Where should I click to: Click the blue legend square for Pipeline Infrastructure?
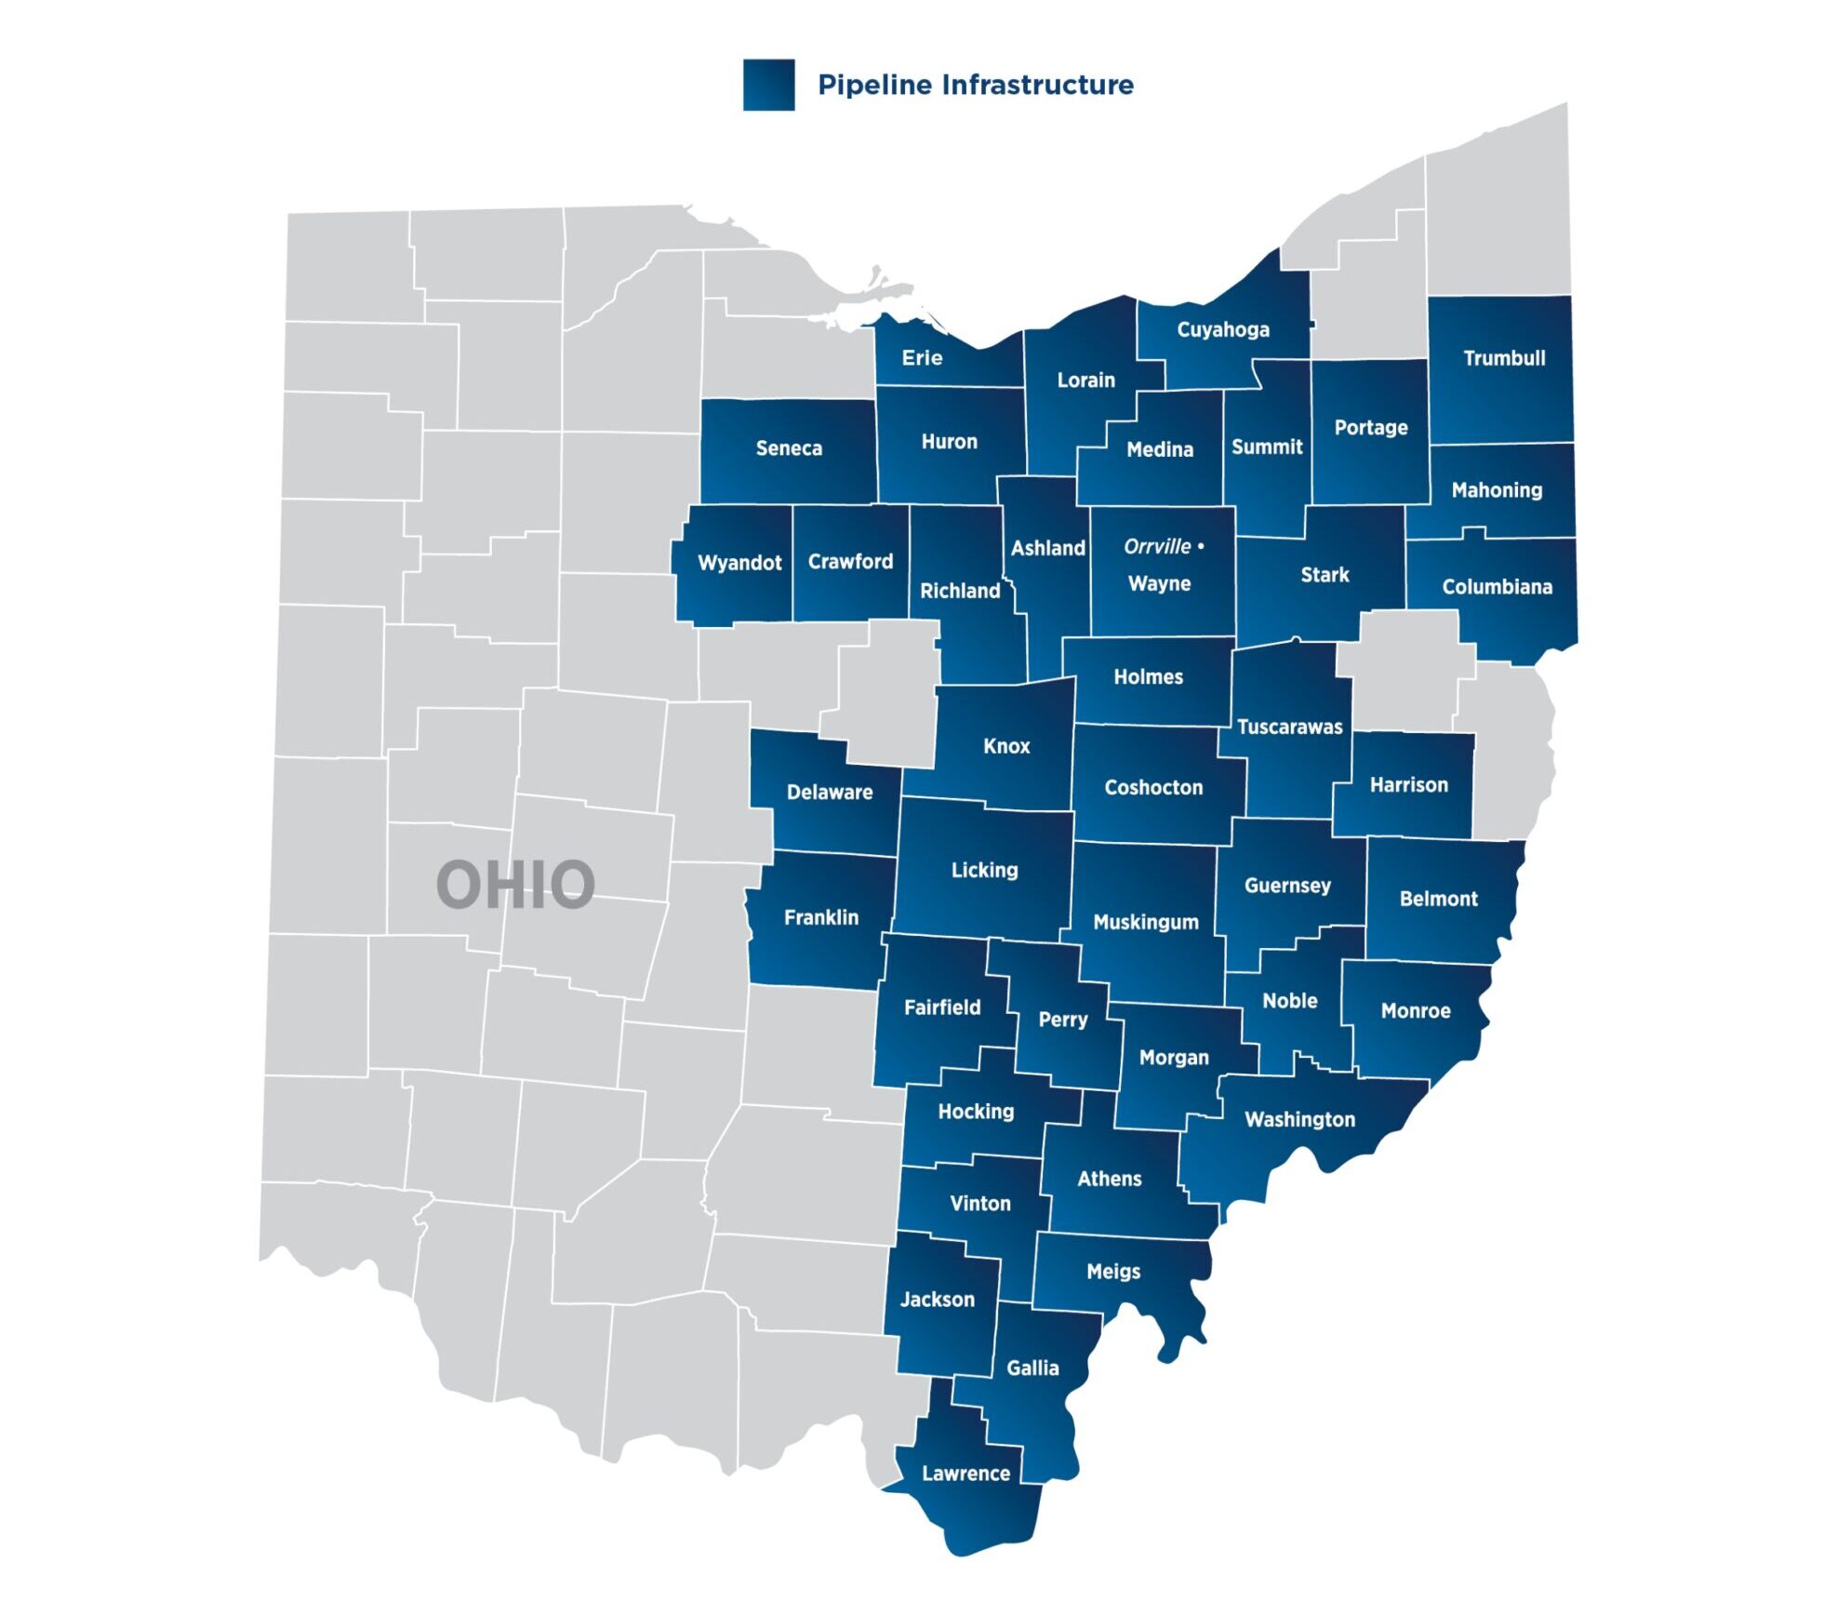[x=768, y=85]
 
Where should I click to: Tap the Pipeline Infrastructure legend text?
[x=975, y=85]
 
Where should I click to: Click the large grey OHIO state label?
[x=515, y=885]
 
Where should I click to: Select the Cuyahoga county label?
[x=1222, y=329]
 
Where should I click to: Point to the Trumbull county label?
[x=1503, y=358]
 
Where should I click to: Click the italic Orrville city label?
[x=1156, y=546]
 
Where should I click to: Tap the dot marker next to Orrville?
[x=1201, y=546]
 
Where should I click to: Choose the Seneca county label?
[x=789, y=448]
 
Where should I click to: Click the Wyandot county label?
[x=739, y=563]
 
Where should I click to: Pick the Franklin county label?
[x=821, y=917]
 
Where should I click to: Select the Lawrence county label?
[x=965, y=1473]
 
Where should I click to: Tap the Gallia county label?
[x=1032, y=1368]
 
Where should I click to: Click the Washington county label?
[x=1299, y=1119]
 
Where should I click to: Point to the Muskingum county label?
[x=1145, y=922]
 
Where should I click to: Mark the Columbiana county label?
[x=1497, y=587]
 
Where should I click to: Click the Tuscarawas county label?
[x=1289, y=727]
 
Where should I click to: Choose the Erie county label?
[x=922, y=358]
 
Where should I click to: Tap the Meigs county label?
[x=1112, y=1271]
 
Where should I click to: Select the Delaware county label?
[x=830, y=793]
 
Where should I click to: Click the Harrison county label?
[x=1408, y=784]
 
